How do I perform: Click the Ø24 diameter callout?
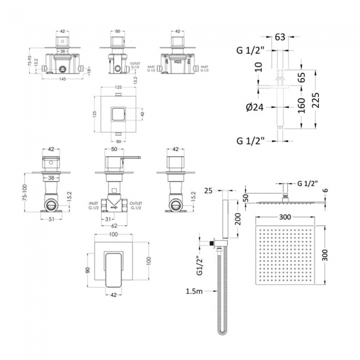pyautogui.click(x=250, y=107)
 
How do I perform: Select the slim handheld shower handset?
pyautogui.click(x=225, y=219)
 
